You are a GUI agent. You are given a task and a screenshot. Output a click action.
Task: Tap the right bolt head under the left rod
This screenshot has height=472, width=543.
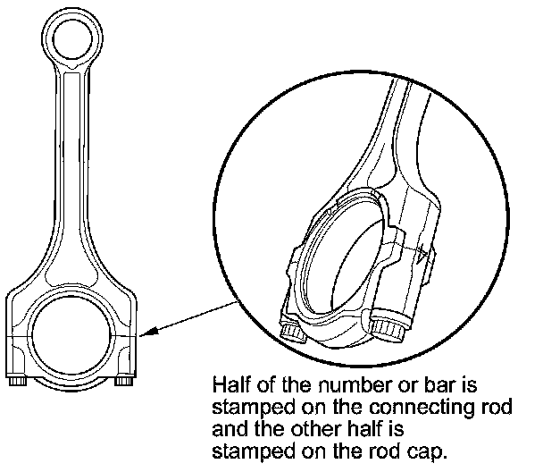122,382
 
